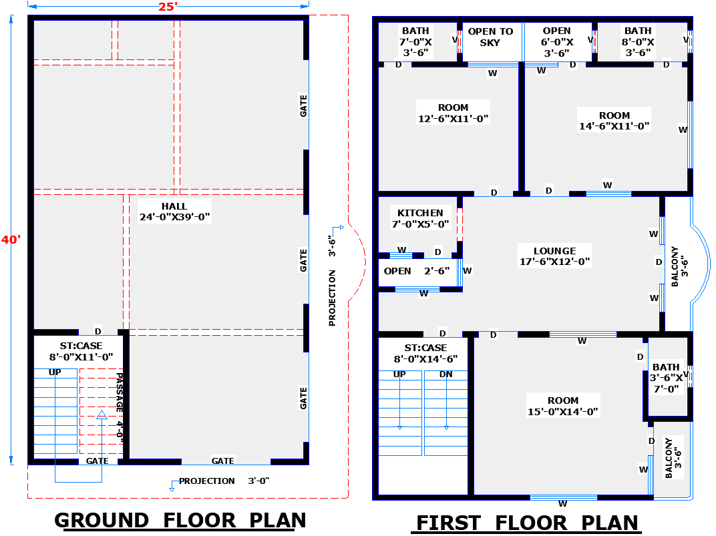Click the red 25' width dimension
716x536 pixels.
point(167,7)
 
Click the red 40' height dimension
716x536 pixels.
point(11,240)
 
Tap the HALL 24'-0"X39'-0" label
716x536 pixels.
point(174,211)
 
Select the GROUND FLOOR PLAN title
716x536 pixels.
point(180,520)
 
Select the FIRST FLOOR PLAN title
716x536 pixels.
point(527,523)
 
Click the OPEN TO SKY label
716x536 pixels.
point(490,37)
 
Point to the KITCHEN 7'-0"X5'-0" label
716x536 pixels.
point(420,218)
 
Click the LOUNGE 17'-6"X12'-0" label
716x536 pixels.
point(555,256)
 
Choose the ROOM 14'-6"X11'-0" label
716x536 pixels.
point(614,121)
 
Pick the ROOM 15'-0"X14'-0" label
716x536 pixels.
point(563,406)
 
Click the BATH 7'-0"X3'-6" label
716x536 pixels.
point(415,41)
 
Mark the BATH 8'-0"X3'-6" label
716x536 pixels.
point(638,41)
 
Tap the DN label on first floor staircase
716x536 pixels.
point(446,374)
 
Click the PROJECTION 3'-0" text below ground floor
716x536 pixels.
point(224,481)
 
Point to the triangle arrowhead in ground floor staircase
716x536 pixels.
point(102,415)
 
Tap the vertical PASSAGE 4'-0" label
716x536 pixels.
point(120,407)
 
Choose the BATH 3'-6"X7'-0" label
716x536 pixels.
point(667,378)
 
